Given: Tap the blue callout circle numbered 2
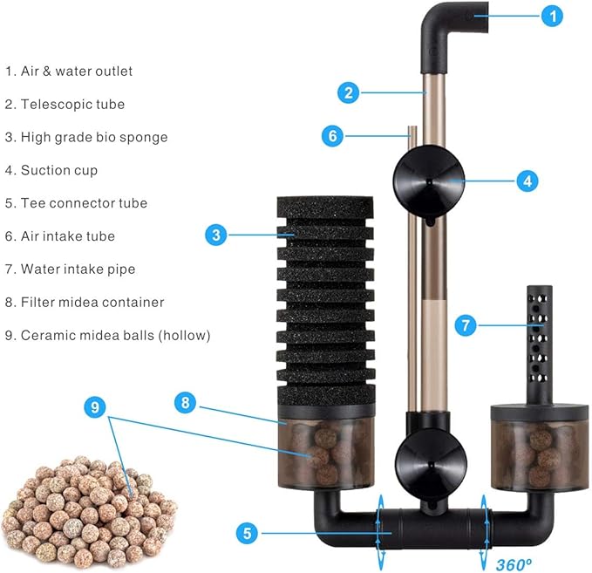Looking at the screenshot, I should (349, 92).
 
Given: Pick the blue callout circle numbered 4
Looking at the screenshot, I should (527, 181).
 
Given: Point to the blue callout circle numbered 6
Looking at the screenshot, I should (331, 135).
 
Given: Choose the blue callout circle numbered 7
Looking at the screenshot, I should (466, 325).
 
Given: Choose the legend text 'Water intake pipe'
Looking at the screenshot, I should (78, 269).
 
